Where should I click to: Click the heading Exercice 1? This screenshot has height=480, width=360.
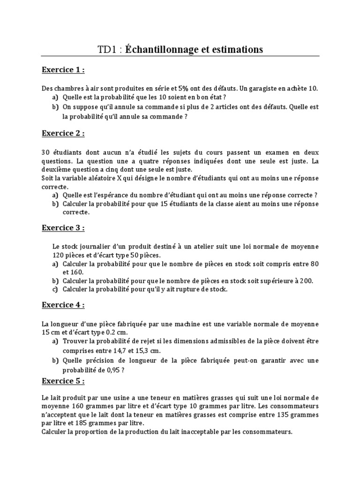coord(63,70)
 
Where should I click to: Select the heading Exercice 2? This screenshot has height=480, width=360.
coord(63,134)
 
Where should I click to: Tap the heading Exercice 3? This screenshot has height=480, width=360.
coord(63,228)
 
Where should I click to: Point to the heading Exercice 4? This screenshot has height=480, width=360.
coord(63,305)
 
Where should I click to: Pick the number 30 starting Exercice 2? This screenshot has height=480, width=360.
coord(45,153)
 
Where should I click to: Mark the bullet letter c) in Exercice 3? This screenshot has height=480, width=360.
coord(55,290)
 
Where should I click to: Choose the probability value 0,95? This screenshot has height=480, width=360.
coord(115,369)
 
